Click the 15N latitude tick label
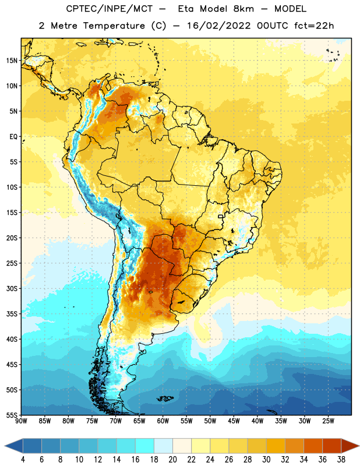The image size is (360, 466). coord(12,61)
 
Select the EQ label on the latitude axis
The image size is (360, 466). coord(13,137)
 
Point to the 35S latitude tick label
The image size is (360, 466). coord(12,314)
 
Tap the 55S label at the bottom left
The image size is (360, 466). coord(12,415)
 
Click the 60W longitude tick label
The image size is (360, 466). coord(163,421)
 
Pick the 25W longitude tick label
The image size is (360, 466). coord(328,421)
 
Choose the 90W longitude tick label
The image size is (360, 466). coord(21,421)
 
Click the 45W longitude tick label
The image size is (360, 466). coord(234,421)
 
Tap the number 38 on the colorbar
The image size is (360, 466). coord(341,460)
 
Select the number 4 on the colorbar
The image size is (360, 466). coord(23,460)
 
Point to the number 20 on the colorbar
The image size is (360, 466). coord(172,460)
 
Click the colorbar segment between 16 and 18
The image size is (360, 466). coord(145,446)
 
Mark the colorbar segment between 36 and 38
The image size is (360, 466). coord(332,446)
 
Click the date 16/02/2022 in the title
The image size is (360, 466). coord(219,26)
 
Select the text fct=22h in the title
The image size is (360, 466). coord(314,26)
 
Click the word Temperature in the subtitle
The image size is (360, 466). coord(114,26)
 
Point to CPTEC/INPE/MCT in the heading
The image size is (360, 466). coord(109,9)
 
